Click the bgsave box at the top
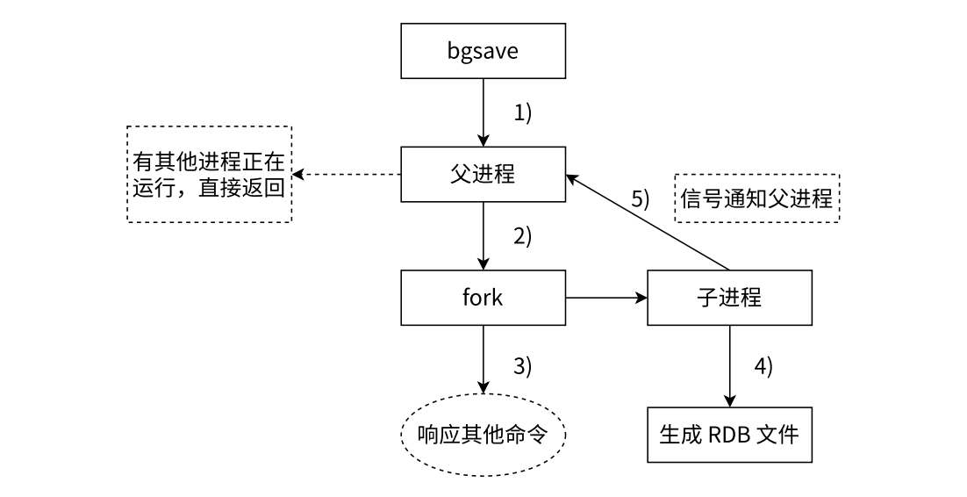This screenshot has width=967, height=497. click(483, 51)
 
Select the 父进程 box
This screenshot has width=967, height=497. click(483, 175)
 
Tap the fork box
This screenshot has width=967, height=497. click(483, 298)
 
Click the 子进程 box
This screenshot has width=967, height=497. click(728, 298)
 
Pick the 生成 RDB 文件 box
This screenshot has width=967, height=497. click(728, 435)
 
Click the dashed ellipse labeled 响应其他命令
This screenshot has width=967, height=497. click(483, 435)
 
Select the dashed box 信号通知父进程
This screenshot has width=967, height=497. click(756, 198)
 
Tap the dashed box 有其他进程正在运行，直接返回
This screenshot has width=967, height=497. click(209, 175)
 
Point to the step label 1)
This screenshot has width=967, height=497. click(523, 113)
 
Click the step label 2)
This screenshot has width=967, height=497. click(523, 237)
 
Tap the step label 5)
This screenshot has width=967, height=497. click(641, 198)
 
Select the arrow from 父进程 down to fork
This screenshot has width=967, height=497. click(483, 235)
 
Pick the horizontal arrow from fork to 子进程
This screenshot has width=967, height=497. click(605, 299)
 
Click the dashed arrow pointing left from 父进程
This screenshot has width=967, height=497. click(347, 175)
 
